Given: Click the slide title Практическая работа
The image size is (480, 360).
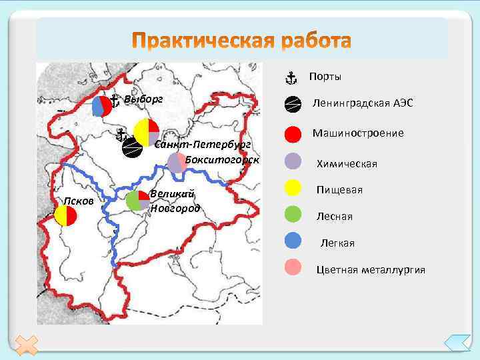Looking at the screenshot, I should [241, 41].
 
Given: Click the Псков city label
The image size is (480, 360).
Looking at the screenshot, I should [78, 201].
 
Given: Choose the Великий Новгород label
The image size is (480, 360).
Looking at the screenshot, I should [175, 201].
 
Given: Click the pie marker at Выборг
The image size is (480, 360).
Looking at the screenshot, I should [102, 106].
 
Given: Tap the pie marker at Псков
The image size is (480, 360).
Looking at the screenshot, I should [67, 215].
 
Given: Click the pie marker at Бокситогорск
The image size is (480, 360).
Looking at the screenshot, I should [177, 163].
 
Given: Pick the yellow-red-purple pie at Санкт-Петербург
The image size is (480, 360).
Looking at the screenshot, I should [146, 131].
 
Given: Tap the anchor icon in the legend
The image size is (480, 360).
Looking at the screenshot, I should [291, 78].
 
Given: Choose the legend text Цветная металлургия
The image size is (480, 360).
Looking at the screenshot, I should [371, 270].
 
